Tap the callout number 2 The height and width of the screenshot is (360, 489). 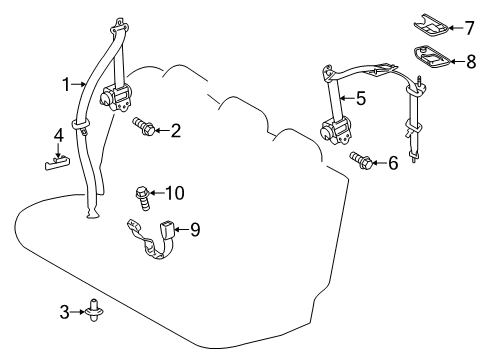[175, 129]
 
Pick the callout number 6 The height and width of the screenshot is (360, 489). [392, 162]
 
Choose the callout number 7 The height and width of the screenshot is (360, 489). [457, 27]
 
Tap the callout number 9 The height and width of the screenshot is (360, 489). [195, 229]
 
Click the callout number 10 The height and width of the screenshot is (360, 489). [175, 192]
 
